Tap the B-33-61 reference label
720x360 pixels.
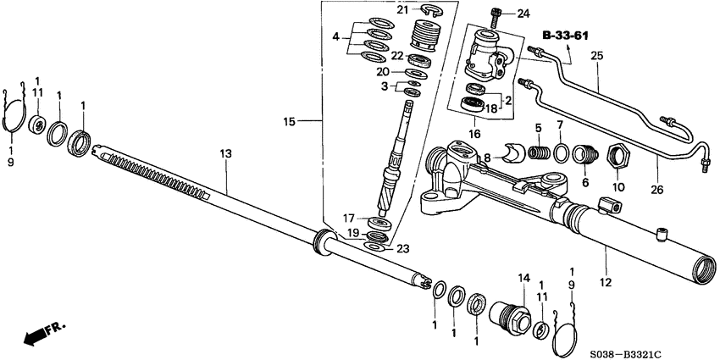565,36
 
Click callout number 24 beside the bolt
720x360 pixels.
522,13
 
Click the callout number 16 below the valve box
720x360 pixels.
475,133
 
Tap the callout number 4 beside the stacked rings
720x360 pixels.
335,36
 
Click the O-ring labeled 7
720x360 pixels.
560,152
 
